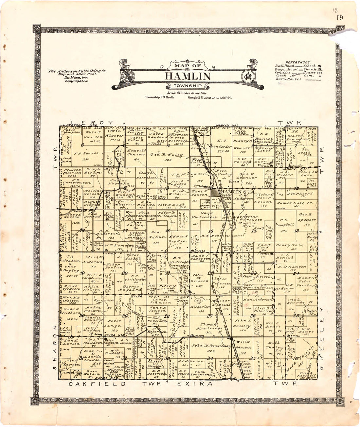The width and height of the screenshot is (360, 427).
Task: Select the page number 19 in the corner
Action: (x=339, y=18)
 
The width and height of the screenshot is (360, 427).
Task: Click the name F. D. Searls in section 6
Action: (x=81, y=153)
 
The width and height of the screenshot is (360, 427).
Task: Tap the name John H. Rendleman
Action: (x=211, y=346)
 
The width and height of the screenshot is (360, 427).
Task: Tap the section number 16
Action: (x=168, y=231)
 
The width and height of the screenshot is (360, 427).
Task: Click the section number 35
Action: (x=252, y=358)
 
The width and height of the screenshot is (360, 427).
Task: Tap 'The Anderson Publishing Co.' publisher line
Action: (x=77, y=71)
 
